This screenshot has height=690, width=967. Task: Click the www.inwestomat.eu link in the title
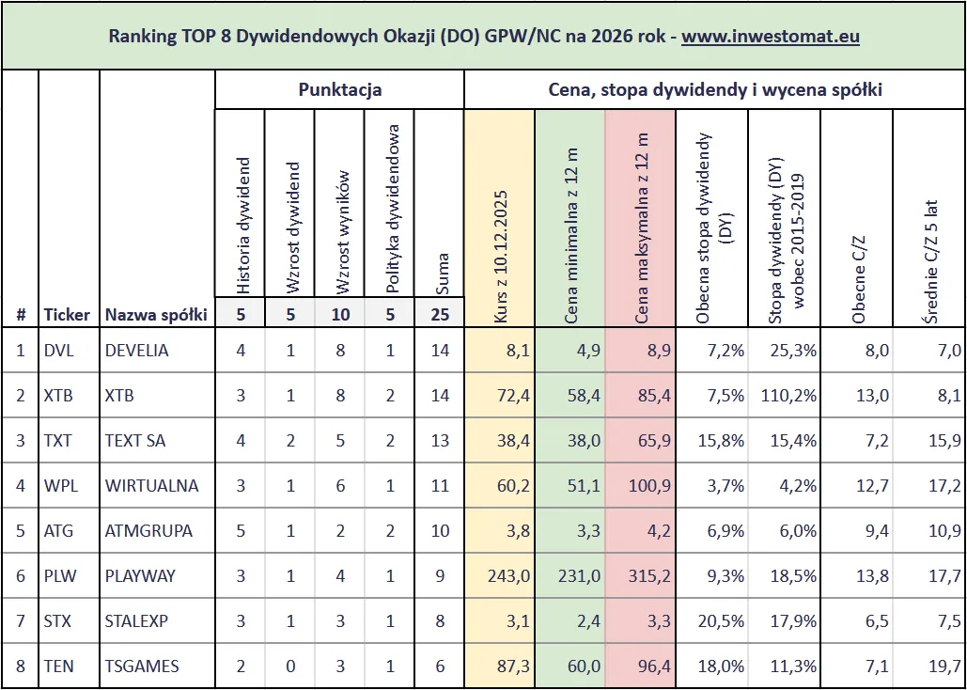click(771, 37)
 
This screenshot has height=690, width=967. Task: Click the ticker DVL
click(58, 351)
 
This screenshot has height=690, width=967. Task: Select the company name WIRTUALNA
click(148, 486)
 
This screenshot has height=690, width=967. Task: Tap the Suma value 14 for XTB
click(440, 396)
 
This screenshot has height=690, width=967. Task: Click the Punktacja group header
click(339, 90)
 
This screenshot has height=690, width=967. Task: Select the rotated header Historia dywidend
click(242, 226)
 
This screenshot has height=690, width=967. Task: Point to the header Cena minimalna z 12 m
click(570, 235)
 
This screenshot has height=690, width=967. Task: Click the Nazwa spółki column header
click(156, 314)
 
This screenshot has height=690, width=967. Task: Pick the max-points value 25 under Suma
click(440, 314)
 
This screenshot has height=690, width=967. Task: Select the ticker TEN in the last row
click(58, 666)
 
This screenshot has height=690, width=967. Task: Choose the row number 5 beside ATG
click(21, 531)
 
